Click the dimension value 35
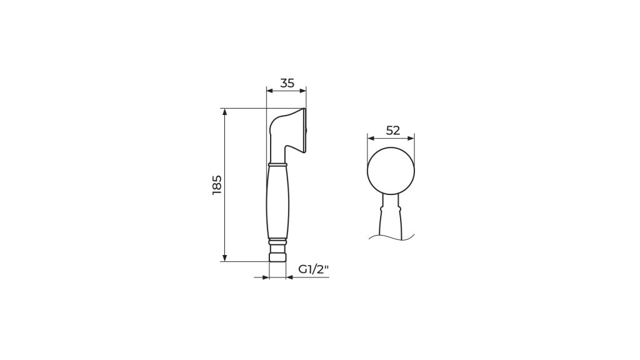click(287, 83)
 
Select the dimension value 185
click(217, 185)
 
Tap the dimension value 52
click(392, 131)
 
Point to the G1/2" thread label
click(314, 269)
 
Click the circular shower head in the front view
click(391, 171)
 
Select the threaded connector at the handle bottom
click(277, 252)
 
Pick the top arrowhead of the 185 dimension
click(224, 112)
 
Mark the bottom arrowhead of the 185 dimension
click(224, 257)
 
